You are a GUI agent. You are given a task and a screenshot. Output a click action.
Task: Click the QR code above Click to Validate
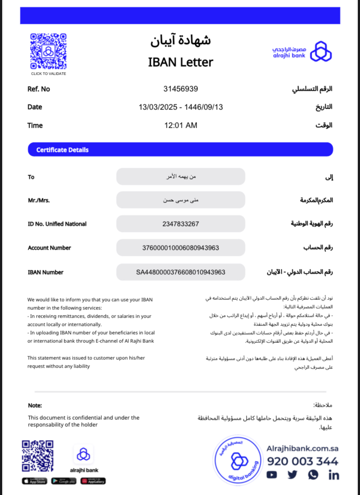click(48, 51)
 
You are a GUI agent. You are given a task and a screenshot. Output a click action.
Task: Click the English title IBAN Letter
click(180, 62)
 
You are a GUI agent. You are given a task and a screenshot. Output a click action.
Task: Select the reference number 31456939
click(180, 89)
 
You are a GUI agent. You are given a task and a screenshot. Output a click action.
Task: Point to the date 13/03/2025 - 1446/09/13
click(180, 107)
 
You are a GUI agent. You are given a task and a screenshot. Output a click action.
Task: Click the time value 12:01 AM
click(180, 126)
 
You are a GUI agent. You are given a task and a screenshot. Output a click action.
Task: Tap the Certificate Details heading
click(62, 150)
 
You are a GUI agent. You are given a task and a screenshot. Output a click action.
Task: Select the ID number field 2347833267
click(180, 224)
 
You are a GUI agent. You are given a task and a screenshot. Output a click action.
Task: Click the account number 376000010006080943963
click(180, 248)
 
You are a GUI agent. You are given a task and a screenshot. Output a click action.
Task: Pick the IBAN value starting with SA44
click(180, 272)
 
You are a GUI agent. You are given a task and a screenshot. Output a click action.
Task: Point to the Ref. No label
click(39, 89)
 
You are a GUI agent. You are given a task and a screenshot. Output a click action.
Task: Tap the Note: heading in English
click(35, 405)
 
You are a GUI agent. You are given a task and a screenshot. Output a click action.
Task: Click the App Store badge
click(34, 481)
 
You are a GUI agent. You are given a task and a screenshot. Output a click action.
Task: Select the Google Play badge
click(63, 481)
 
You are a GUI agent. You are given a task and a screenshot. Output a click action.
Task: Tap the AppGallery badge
click(93, 481)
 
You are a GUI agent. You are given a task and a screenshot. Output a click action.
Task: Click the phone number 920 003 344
click(302, 462)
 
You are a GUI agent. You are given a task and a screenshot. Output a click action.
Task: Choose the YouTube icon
click(272, 475)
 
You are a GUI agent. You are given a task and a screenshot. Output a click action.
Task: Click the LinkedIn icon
click(334, 475)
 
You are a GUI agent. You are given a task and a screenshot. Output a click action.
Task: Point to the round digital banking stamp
click(237, 461)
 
